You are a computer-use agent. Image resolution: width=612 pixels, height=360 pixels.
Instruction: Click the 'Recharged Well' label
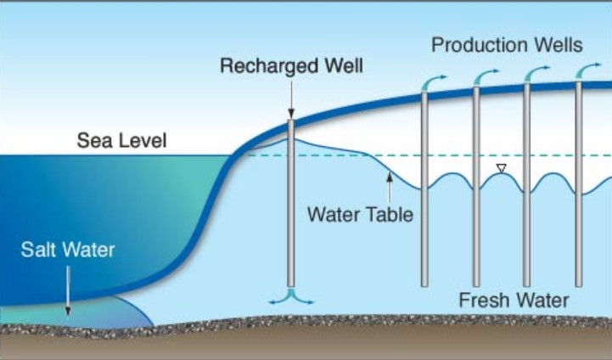click(290, 65)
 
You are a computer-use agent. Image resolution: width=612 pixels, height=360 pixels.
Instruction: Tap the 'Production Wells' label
click(507, 44)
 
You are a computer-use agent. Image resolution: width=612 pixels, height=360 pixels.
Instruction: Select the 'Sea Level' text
click(121, 140)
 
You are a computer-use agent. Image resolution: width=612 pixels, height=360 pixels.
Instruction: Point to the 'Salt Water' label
click(68, 250)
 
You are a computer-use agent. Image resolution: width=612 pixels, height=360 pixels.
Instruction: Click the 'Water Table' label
click(360, 213)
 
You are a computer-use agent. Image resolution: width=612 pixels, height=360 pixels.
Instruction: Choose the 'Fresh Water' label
click(514, 300)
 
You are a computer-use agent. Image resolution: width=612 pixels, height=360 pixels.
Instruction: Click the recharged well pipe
click(290, 212)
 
